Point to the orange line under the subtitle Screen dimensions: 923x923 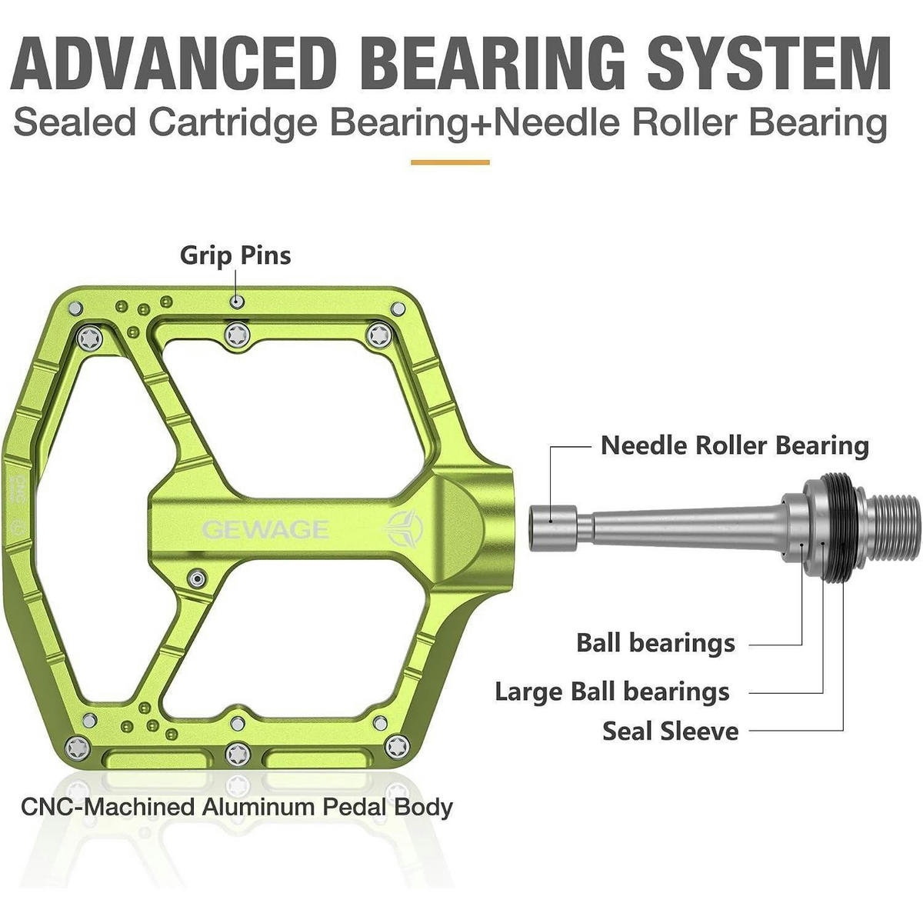click(x=450, y=163)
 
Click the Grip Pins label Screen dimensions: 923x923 click(x=235, y=255)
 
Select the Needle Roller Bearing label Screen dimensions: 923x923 click(x=735, y=446)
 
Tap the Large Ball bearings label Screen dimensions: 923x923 click(x=612, y=691)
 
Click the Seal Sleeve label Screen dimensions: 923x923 click(x=671, y=731)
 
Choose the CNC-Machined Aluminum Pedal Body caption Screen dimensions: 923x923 click(x=237, y=807)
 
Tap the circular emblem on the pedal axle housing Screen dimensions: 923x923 click(x=405, y=528)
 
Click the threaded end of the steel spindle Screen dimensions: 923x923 click(x=892, y=528)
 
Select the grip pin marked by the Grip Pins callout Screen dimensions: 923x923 click(x=237, y=302)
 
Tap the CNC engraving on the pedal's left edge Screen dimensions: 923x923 click(x=20, y=488)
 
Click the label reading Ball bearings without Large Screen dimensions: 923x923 click(x=655, y=643)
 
